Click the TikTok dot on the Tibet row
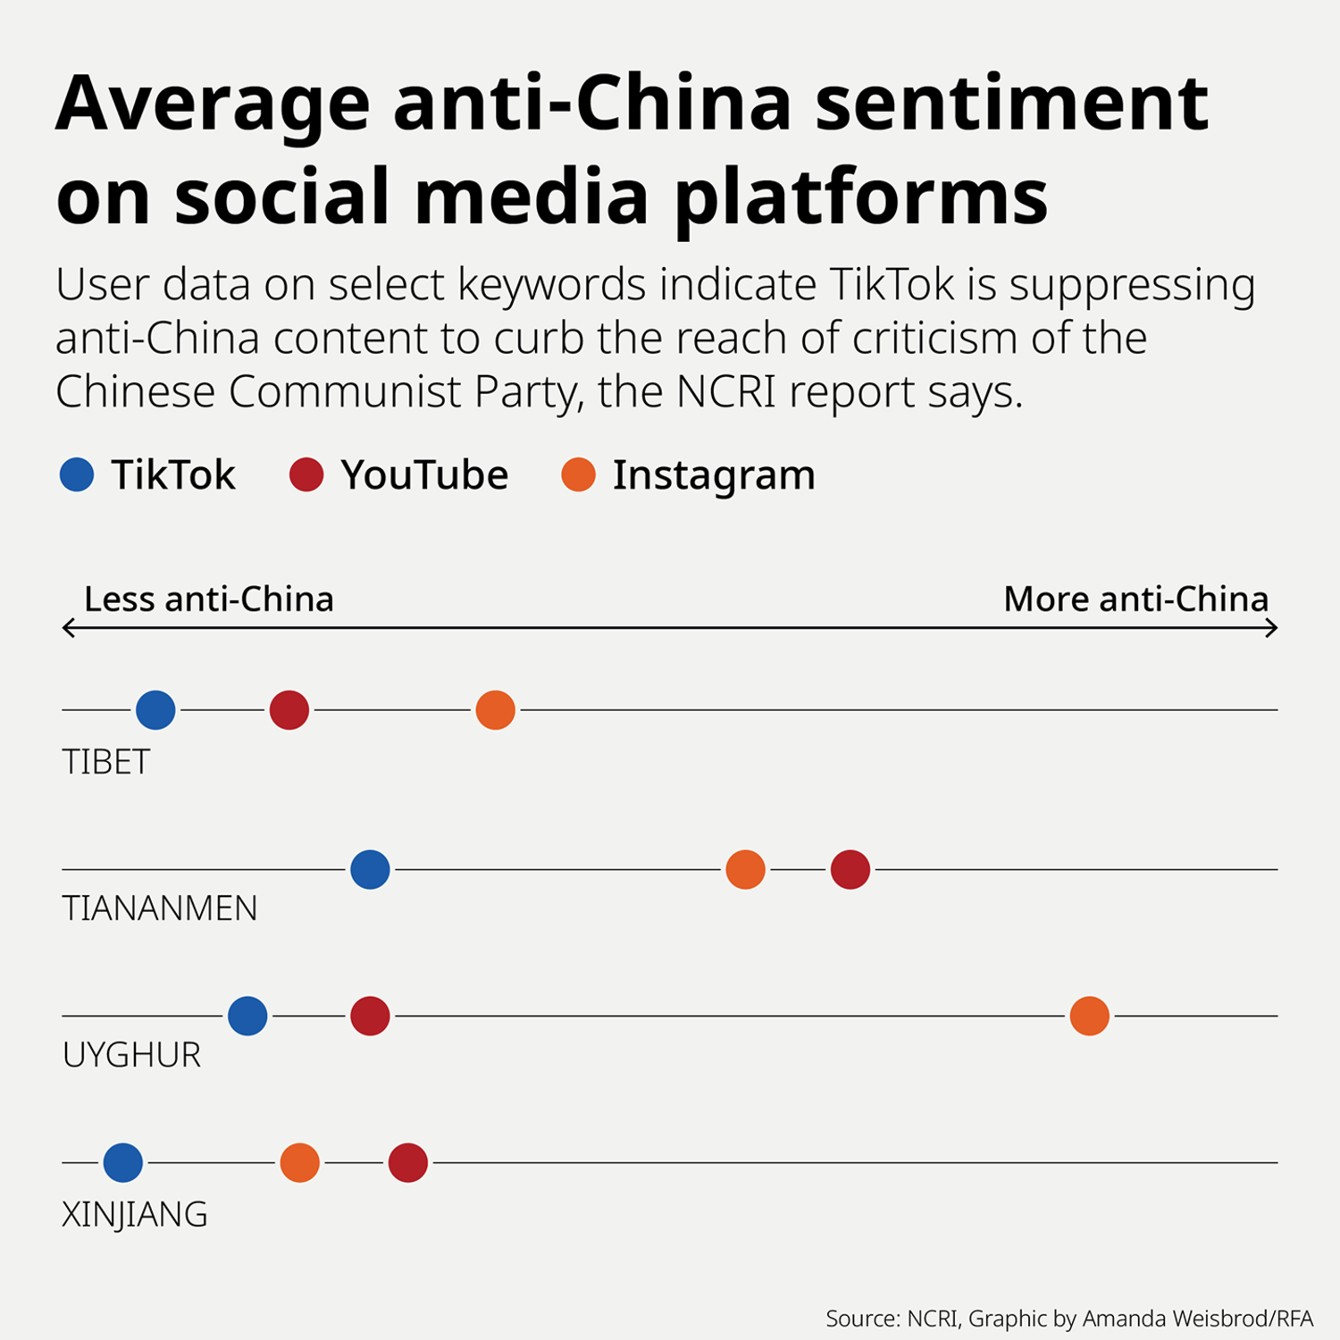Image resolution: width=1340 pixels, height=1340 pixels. pyautogui.click(x=155, y=710)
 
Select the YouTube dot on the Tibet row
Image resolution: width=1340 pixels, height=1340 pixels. pyautogui.click(x=289, y=710)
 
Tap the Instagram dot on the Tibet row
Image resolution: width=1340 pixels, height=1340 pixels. pyautogui.click(x=496, y=710)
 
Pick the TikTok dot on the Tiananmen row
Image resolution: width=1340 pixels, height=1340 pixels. pyautogui.click(x=370, y=869)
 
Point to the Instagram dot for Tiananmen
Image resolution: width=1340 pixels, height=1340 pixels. pyautogui.click(x=746, y=869)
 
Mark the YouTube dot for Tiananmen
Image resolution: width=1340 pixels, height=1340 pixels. pyautogui.click(x=850, y=869)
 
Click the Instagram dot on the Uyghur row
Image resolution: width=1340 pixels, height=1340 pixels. pyautogui.click(x=1090, y=1016)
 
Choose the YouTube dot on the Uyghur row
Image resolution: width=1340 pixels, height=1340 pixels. pyautogui.click(x=370, y=1016)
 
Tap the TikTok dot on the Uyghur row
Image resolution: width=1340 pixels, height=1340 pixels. pyautogui.click(x=247, y=1016)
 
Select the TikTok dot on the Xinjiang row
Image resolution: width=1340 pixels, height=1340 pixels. pyautogui.click(x=123, y=1163)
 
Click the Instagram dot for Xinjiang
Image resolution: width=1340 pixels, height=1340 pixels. pyautogui.click(x=300, y=1163)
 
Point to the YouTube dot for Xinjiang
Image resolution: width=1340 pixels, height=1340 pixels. pyautogui.click(x=408, y=1163)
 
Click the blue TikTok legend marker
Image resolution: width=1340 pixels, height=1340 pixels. pyautogui.click(x=77, y=474)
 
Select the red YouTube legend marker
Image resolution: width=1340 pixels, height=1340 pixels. pyautogui.click(x=306, y=474)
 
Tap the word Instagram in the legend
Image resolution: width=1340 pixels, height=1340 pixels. pyautogui.click(x=714, y=475)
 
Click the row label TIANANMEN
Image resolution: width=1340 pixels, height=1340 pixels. pyautogui.click(x=160, y=909)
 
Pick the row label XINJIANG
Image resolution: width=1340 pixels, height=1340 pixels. pyautogui.click(x=135, y=1215)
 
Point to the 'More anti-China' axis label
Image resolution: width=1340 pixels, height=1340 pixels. pyautogui.click(x=1135, y=599)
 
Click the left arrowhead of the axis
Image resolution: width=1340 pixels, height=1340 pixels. pyautogui.click(x=66, y=628)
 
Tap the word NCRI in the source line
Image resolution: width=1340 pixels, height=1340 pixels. pyautogui.click(x=932, y=1319)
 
